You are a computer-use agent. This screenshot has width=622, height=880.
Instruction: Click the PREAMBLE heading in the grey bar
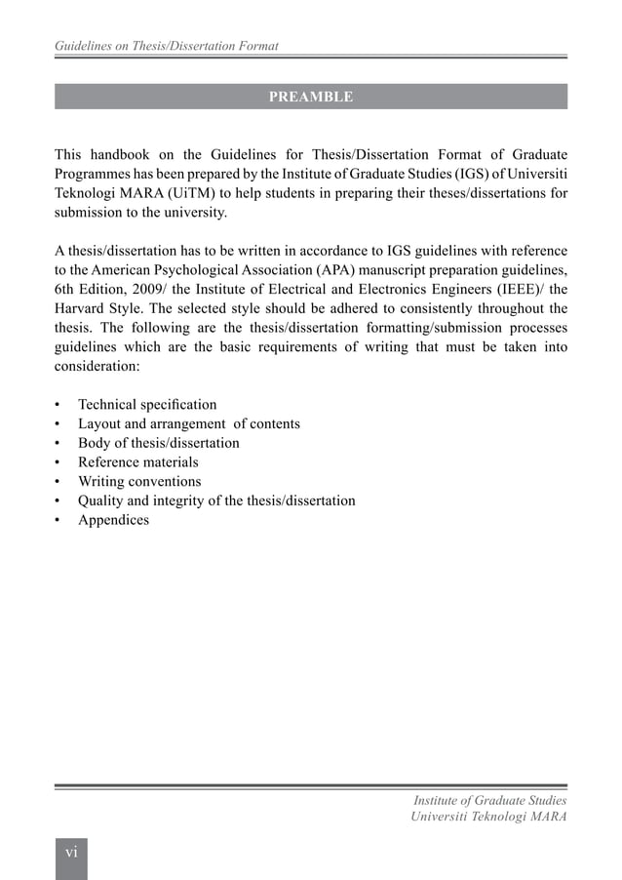point(310,97)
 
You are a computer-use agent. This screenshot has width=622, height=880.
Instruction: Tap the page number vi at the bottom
point(71,852)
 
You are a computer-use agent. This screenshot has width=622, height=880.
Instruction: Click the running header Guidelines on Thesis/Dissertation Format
point(166,46)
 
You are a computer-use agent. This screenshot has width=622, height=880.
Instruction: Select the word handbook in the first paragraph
point(128,155)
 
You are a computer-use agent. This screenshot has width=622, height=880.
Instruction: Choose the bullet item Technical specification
point(147,405)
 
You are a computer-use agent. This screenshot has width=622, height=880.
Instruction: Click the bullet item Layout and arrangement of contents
point(189,423)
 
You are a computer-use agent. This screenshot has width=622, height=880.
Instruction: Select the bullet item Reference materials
point(137,462)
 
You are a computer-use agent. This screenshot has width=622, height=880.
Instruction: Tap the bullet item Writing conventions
point(139,481)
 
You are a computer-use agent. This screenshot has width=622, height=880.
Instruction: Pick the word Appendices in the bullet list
point(113,520)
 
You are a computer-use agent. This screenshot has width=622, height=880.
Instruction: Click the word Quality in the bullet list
point(102,500)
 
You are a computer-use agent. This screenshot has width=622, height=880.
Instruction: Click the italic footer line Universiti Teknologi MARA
point(488,816)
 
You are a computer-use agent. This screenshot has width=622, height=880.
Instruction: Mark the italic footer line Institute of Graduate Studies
point(490,800)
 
